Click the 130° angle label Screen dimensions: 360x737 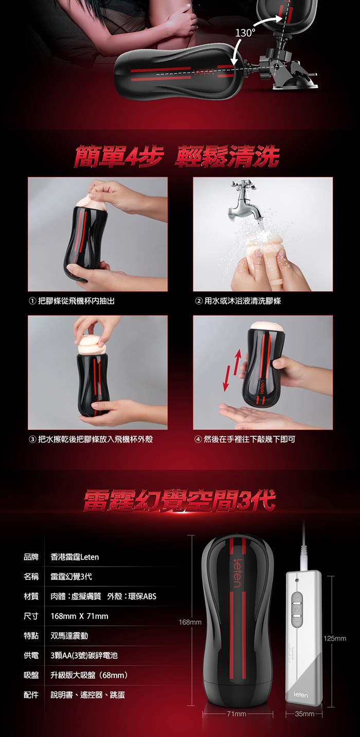245,33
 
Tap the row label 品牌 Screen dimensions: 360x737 31,557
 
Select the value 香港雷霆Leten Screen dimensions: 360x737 75,557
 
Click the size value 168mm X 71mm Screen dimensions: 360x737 79,616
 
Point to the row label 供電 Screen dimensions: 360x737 31,656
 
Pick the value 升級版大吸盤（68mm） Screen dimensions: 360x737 89,675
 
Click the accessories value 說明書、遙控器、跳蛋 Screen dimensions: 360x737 87,695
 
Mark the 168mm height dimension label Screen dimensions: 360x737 190,622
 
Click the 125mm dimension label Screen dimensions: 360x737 335,639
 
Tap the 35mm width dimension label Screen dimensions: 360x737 304,714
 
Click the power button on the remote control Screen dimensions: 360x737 297,609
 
